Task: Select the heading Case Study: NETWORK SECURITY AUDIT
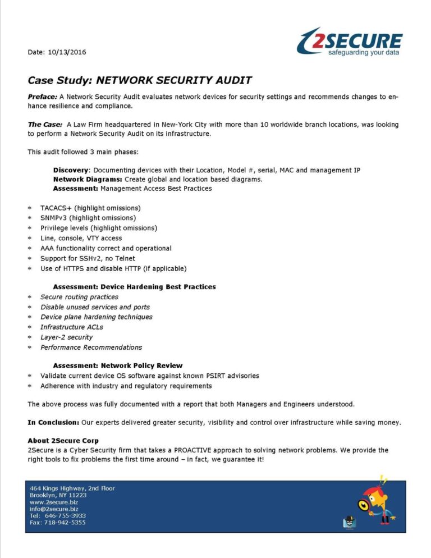(140, 80)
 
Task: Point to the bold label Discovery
(71, 170)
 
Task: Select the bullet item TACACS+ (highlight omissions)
(90, 208)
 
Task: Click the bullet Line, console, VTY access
(81, 238)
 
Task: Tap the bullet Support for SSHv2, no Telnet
(88, 258)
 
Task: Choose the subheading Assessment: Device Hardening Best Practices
(134, 286)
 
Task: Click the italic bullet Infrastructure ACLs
(71, 327)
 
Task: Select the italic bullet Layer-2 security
(66, 337)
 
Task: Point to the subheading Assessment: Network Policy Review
(118, 365)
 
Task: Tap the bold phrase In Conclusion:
(53, 422)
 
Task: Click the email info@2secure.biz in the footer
(54, 509)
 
